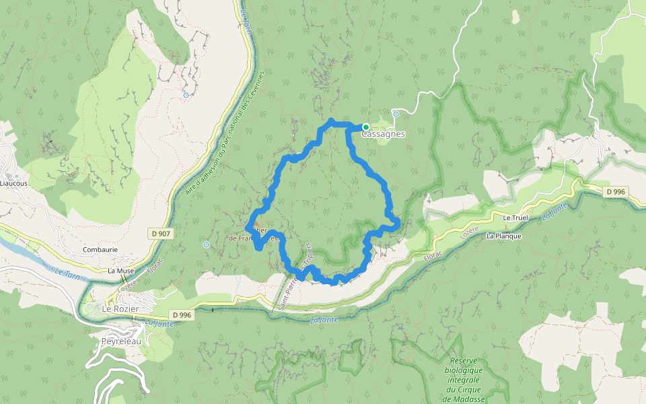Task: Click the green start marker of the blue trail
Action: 366,127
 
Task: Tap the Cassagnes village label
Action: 384,134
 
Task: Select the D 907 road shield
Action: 160,234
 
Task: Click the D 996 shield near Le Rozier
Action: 182,314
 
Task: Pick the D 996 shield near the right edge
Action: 616,192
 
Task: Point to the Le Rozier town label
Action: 120,308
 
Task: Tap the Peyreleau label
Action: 121,341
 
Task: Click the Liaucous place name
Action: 14,182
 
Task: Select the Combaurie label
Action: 100,249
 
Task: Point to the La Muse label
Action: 121,271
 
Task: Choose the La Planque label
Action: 503,236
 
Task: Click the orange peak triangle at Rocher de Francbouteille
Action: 255,224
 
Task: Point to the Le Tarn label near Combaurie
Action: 68,274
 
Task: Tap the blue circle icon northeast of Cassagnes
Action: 396,114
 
